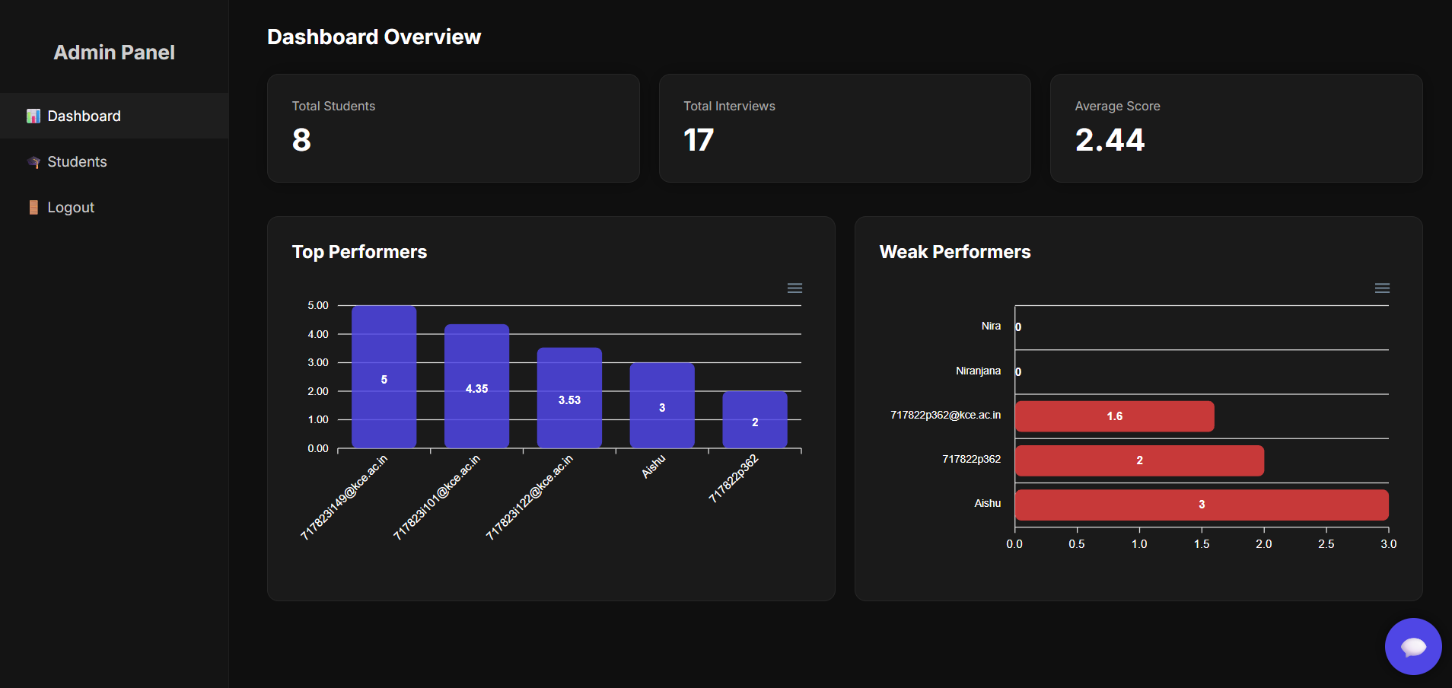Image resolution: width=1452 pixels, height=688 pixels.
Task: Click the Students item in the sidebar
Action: pos(77,162)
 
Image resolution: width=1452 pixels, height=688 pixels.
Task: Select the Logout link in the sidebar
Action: pos(71,208)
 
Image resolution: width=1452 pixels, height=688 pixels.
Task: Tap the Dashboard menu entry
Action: pos(84,116)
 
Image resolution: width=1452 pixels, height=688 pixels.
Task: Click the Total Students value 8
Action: pos(301,140)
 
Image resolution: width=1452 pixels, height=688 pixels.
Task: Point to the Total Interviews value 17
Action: pos(699,140)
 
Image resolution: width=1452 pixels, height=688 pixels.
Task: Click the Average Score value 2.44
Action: pos(1110,140)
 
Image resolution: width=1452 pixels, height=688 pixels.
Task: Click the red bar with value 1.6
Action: pos(1114,416)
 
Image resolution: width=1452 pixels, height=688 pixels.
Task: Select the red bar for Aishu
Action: pos(1201,505)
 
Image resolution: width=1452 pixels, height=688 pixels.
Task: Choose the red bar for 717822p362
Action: pos(1139,460)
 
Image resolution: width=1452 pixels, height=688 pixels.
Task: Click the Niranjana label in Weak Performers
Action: pos(978,371)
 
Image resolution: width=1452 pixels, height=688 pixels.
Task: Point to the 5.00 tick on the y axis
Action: pos(318,305)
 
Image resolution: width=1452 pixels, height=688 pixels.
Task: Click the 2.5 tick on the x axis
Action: pos(1326,544)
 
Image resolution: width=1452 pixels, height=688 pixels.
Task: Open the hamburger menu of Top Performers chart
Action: pos(794,288)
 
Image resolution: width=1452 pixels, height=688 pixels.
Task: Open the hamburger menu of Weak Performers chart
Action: pos(1382,288)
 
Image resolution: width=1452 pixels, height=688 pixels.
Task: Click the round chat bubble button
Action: pos(1413,646)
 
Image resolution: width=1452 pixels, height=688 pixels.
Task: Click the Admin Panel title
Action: pos(114,53)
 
